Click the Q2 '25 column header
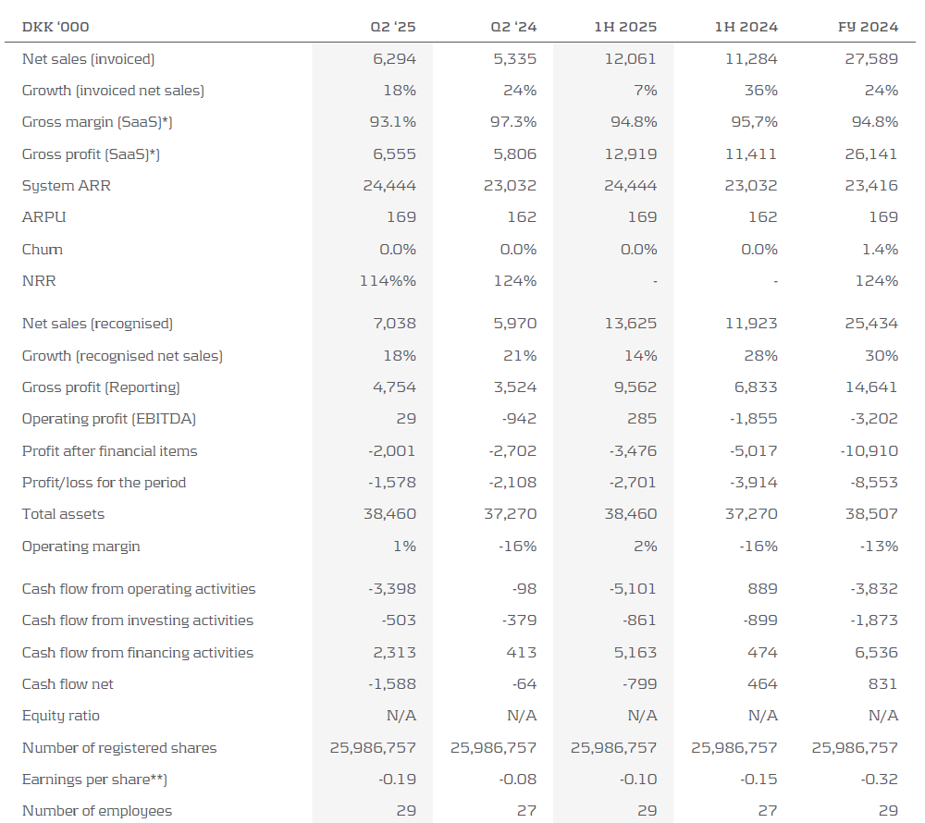coord(393,27)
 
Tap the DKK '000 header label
coord(55,27)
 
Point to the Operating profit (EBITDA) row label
coord(109,419)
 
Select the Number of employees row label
coord(97,811)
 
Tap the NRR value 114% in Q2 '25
coord(388,281)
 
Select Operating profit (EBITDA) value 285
coord(644,419)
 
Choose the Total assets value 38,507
coord(871,514)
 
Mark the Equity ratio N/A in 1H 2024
coord(762,716)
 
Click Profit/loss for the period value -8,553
coord(873,483)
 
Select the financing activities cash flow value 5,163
coord(635,653)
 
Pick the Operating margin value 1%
coord(404,547)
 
